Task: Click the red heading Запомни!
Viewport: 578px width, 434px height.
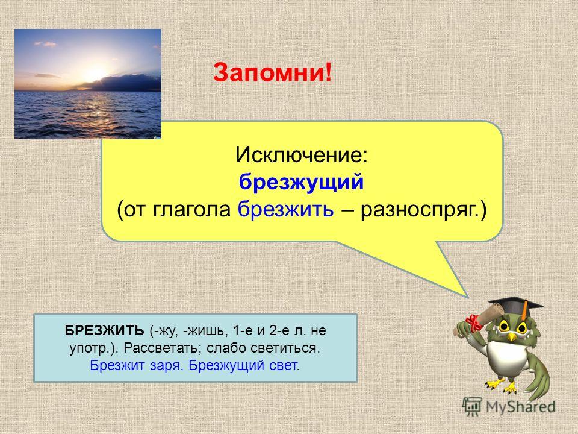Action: click(272, 72)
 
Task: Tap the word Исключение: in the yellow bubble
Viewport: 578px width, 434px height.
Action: click(302, 155)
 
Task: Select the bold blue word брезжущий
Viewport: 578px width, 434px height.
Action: click(302, 183)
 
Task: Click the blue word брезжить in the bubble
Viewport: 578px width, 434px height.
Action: click(285, 210)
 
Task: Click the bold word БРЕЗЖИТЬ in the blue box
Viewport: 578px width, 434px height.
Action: click(104, 330)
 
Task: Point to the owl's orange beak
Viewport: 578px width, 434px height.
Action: click(511, 336)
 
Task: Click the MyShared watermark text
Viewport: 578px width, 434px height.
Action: click(520, 407)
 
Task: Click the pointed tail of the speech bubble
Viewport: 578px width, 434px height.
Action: click(467, 296)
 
